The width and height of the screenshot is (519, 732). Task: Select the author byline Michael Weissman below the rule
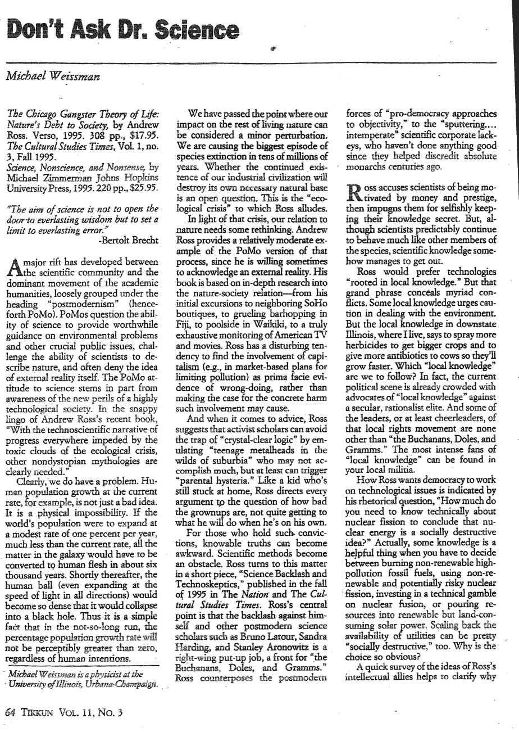[x=53, y=77]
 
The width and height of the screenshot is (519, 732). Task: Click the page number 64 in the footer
[x=10, y=712]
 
